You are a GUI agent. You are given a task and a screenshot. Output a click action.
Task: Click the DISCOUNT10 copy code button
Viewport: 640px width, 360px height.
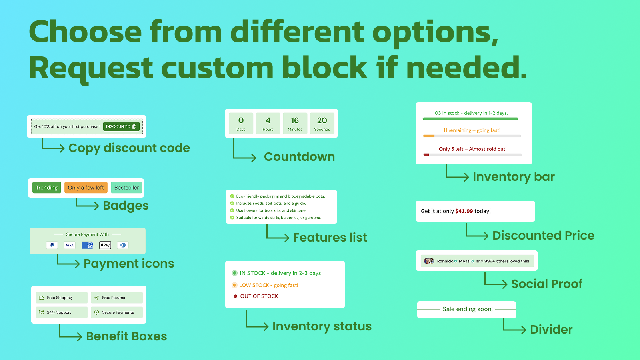[121, 126]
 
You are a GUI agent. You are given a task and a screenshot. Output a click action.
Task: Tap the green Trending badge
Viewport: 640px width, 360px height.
[47, 188]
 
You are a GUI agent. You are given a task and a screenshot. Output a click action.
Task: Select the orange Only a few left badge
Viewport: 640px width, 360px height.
[86, 188]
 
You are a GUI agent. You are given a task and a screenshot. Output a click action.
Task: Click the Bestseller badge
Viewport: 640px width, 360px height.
[126, 188]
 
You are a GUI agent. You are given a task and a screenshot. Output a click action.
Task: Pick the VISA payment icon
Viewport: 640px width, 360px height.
[70, 245]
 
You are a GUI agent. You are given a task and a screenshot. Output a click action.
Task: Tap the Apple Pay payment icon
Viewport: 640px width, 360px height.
[105, 245]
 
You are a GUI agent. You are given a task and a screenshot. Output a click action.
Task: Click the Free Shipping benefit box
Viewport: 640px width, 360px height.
[62, 298]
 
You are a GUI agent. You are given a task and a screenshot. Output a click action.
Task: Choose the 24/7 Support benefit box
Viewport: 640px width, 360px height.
[62, 312]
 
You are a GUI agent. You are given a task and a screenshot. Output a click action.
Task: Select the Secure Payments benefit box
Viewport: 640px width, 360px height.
[116, 312]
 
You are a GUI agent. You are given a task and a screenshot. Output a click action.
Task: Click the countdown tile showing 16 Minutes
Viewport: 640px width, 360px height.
[295, 123]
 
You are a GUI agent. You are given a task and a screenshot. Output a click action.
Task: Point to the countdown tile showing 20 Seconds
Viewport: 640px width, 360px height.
[322, 123]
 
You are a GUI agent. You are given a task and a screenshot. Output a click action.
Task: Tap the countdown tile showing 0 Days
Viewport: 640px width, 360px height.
[241, 123]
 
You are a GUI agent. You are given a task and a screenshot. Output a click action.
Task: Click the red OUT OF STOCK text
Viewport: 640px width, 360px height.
[259, 296]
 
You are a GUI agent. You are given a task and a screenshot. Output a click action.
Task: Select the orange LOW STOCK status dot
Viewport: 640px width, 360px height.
[235, 285]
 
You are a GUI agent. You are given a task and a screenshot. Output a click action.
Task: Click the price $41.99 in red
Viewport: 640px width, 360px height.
[464, 211]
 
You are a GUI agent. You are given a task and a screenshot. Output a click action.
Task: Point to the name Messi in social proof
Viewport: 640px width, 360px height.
[464, 261]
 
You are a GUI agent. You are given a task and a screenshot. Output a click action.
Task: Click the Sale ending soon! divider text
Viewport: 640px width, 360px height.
[468, 309]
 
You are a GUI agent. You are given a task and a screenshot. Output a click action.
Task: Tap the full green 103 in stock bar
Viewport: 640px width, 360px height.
[470, 119]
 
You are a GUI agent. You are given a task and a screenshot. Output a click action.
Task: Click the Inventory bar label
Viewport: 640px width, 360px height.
[514, 177]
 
